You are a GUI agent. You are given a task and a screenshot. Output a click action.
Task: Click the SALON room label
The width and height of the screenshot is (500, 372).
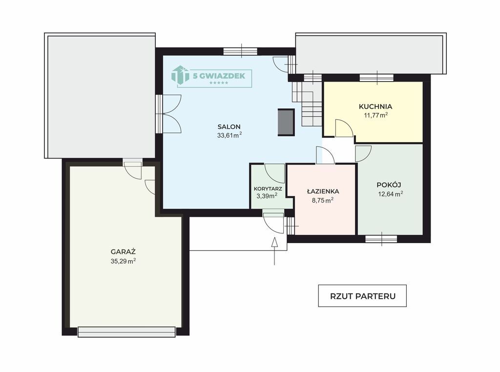pyautogui.click(x=229, y=126)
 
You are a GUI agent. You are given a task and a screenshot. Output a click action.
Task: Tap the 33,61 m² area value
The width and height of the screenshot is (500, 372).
pyautogui.click(x=229, y=135)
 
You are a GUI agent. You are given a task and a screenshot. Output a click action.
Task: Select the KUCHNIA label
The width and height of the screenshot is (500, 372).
pyautogui.click(x=375, y=106)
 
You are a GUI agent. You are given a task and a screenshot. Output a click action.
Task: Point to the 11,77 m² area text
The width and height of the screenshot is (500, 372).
pyautogui.click(x=376, y=115)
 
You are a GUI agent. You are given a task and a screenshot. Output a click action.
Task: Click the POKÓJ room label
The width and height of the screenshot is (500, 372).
pyautogui.click(x=389, y=185)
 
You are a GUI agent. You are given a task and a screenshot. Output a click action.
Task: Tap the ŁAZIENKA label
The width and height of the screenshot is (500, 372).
pyautogui.click(x=323, y=191)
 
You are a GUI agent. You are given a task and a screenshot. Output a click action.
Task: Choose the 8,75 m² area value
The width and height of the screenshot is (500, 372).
pyautogui.click(x=323, y=200)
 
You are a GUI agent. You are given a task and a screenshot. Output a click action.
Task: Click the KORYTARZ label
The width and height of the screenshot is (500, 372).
pyautogui.click(x=268, y=189)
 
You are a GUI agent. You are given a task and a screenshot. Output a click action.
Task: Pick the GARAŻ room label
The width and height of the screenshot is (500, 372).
pyautogui.click(x=123, y=252)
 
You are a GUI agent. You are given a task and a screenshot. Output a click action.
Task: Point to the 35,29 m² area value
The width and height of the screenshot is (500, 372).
pyautogui.click(x=123, y=261)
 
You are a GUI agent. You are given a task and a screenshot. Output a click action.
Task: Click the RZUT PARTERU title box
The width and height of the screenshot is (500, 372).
pyautogui.click(x=362, y=296)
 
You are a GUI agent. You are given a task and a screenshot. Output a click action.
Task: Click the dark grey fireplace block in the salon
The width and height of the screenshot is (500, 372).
pyautogui.click(x=286, y=122)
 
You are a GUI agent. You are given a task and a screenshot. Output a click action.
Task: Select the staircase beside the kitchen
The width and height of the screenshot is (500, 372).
pyautogui.click(x=307, y=104)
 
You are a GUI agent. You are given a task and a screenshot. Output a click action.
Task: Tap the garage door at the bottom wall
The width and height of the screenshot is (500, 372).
pyautogui.click(x=126, y=332)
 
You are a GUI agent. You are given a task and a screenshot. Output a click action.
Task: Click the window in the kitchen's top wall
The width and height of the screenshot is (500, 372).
pyautogui.click(x=376, y=78)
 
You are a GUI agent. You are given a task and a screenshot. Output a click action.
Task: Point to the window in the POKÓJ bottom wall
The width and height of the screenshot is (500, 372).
pyautogui.click(x=381, y=239)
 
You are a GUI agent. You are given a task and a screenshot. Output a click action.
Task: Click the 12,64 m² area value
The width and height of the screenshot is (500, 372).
pyautogui.click(x=390, y=194)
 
